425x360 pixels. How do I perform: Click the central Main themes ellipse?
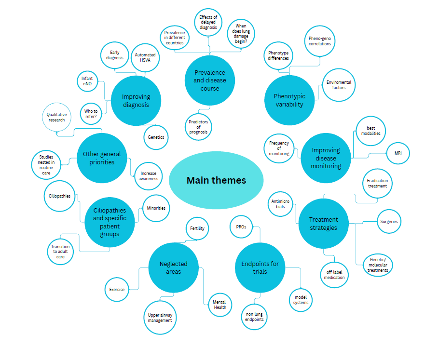[x=216, y=180]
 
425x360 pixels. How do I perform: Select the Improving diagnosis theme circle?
[x=136, y=100]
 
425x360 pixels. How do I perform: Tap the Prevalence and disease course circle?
[x=209, y=80]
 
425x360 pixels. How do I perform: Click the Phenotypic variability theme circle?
[x=289, y=100]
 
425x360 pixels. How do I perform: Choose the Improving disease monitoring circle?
[x=326, y=158]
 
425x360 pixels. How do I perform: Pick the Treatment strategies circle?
[x=323, y=224]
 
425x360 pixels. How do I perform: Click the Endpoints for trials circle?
[x=260, y=267]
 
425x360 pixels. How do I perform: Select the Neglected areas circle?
[x=173, y=267]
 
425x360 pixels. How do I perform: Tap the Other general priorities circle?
[x=102, y=158]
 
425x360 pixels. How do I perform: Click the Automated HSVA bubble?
[x=145, y=58]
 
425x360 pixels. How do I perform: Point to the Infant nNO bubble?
[x=87, y=81]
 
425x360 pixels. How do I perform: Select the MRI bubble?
[x=398, y=154]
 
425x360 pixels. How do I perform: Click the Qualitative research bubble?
[x=57, y=117]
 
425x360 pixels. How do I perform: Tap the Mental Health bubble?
[x=219, y=305]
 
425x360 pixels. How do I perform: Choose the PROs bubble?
[x=241, y=226]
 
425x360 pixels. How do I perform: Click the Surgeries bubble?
[x=389, y=222]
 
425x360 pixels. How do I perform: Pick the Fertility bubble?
[x=197, y=228]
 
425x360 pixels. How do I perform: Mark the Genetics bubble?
[x=156, y=137]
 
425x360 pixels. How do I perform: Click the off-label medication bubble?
[x=334, y=274]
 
